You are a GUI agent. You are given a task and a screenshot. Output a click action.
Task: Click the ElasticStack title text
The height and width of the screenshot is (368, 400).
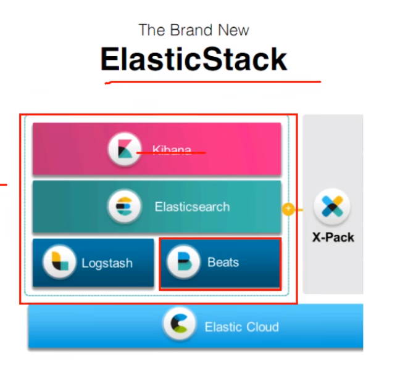[194, 60]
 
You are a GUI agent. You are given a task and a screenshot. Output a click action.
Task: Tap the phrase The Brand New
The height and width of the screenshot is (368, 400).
[194, 30]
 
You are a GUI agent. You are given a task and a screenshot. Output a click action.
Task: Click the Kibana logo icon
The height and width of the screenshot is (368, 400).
[125, 149]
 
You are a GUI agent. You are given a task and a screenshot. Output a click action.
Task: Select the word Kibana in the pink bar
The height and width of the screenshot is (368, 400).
[171, 150]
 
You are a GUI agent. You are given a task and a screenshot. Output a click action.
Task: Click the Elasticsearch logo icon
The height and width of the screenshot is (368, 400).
[124, 206]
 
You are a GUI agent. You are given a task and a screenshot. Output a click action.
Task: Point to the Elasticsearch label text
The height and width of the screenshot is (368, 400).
[192, 207]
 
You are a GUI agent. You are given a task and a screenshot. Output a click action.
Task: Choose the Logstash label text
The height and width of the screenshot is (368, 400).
[107, 263]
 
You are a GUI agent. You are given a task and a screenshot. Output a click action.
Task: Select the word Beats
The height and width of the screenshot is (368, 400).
[223, 263]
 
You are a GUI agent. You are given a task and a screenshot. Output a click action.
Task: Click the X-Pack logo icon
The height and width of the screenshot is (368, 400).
[332, 207]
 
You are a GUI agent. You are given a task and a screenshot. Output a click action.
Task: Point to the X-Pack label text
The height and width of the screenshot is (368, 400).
[333, 237]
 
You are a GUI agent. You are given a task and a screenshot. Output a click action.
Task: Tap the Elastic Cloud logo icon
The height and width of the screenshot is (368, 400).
[180, 326]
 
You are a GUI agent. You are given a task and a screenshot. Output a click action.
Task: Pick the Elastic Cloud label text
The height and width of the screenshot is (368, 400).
[241, 327]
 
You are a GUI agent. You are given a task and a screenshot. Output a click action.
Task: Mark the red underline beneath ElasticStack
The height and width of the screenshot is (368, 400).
[213, 81]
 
